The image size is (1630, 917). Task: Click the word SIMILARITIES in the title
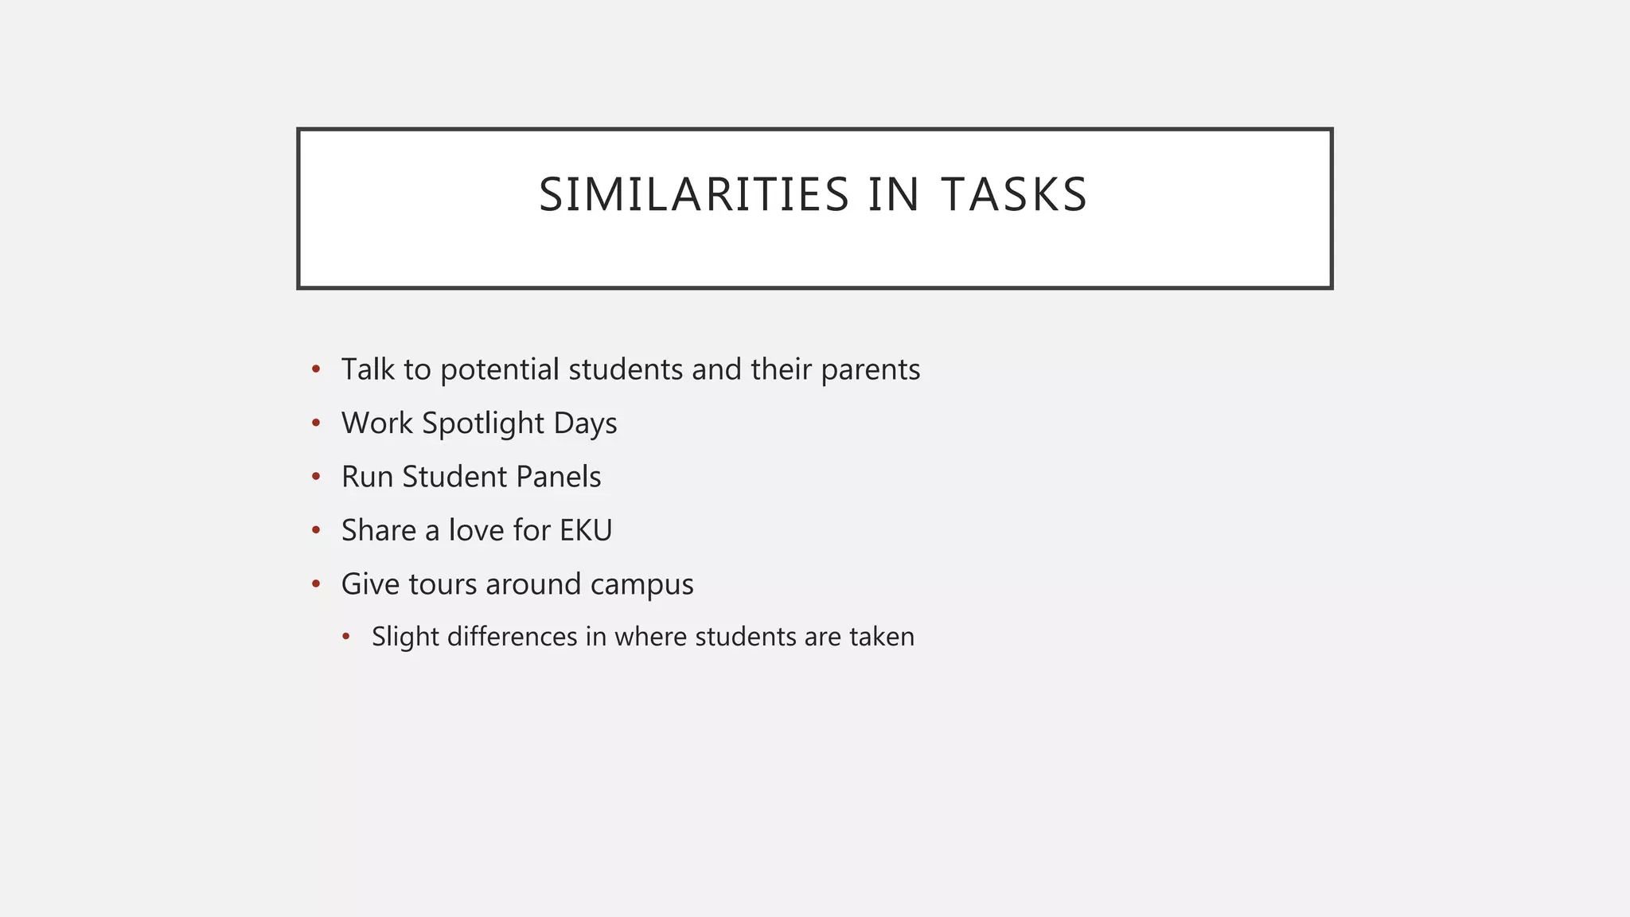694,195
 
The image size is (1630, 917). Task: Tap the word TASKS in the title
1014,195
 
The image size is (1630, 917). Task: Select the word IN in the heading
894,195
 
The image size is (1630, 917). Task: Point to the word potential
500,370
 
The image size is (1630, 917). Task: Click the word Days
585,423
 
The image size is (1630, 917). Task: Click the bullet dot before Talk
316,369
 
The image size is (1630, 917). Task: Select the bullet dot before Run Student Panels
316,477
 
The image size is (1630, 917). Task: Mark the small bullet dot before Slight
346,637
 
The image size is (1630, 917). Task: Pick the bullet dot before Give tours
316,584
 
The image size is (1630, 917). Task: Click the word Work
377,423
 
